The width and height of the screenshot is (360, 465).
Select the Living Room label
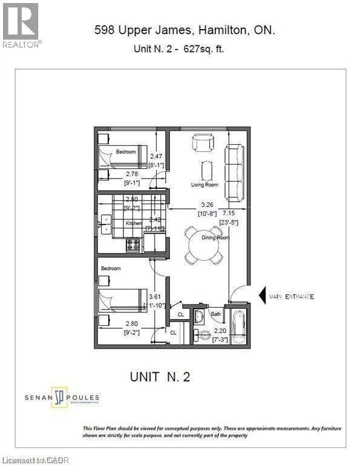click(205, 185)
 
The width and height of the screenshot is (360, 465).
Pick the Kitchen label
click(133, 223)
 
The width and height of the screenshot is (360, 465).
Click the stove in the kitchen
click(133, 244)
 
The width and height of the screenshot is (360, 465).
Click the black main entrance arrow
click(263, 296)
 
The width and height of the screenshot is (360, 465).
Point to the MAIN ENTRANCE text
click(292, 296)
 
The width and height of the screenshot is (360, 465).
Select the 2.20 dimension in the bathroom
click(220, 331)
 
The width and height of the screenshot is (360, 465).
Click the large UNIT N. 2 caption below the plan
click(160, 377)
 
